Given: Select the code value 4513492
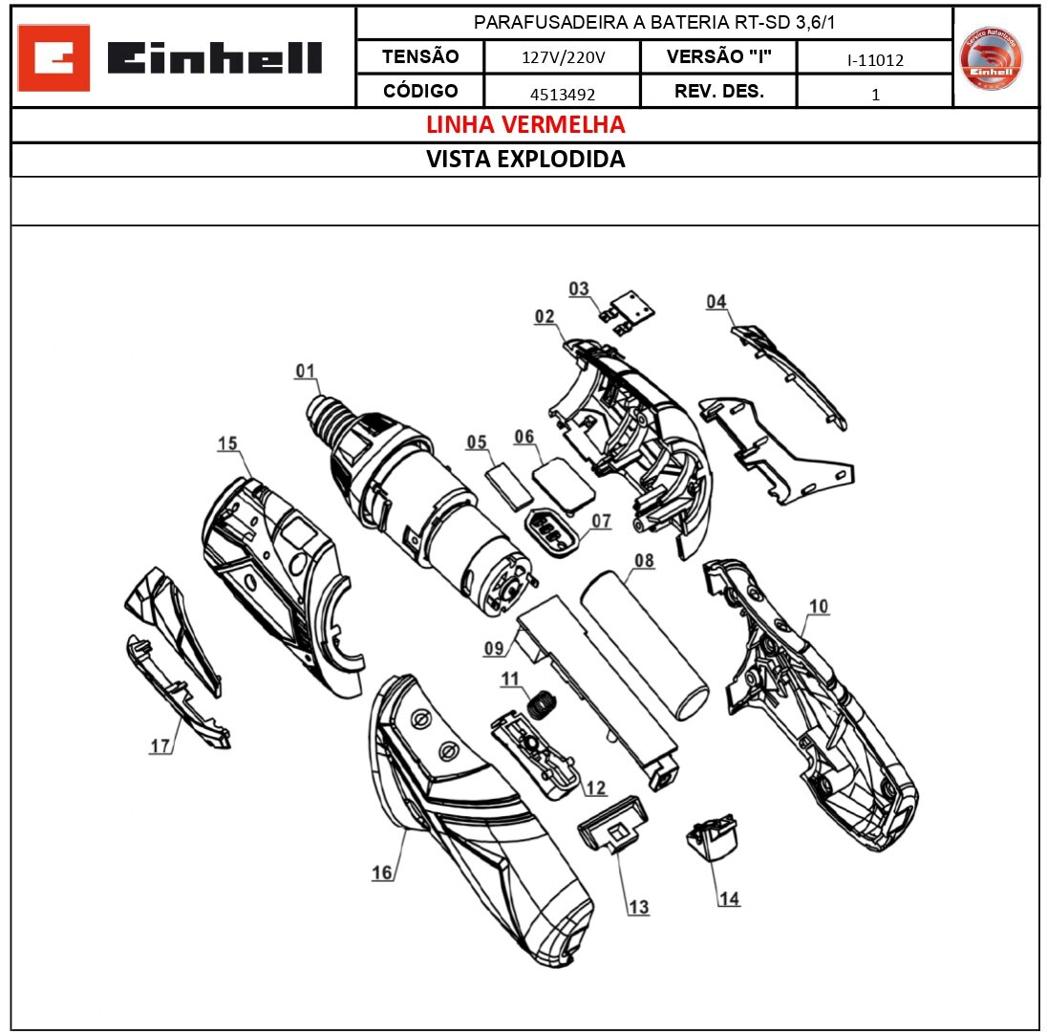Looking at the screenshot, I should click(561, 94).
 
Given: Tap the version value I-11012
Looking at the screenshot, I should click(874, 60).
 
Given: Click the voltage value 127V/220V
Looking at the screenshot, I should click(563, 58).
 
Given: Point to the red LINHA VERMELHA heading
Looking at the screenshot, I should click(524, 125).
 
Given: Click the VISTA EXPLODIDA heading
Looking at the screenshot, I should click(524, 160).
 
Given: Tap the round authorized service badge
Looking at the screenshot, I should click(991, 58).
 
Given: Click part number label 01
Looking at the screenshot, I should click(305, 371).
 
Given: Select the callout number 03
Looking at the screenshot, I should click(579, 289).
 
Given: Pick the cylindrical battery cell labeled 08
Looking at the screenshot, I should click(646, 645).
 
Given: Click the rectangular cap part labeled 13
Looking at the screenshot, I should click(612, 822).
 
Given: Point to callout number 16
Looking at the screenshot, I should click(382, 872).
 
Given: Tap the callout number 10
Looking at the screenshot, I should click(819, 606).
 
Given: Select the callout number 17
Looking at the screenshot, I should click(160, 746).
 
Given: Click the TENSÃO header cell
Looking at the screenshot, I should click(419, 56).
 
